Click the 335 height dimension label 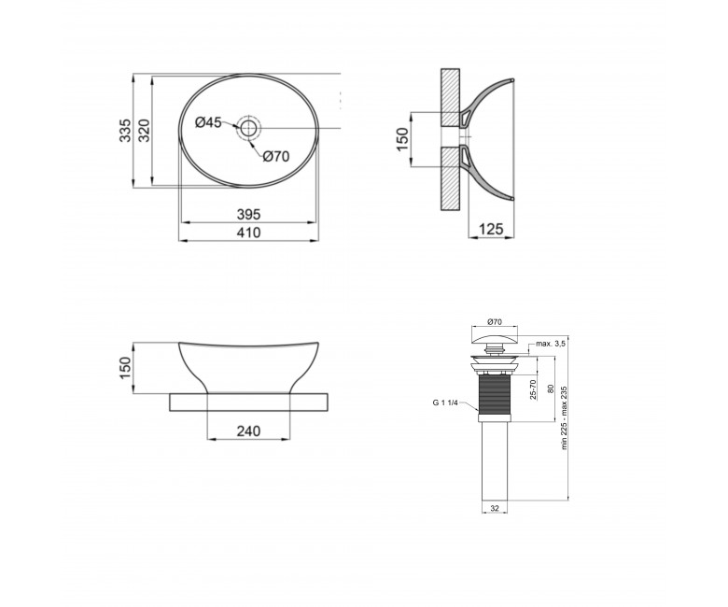(x=125, y=131)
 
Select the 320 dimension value (x=144, y=131)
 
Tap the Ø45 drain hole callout (x=208, y=122)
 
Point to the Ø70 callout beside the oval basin (x=275, y=157)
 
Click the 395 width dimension (x=249, y=214)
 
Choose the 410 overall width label (x=249, y=233)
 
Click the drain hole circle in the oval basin (x=249, y=128)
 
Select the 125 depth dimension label (x=491, y=229)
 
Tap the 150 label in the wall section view (x=402, y=138)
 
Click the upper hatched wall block (x=450, y=97)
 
